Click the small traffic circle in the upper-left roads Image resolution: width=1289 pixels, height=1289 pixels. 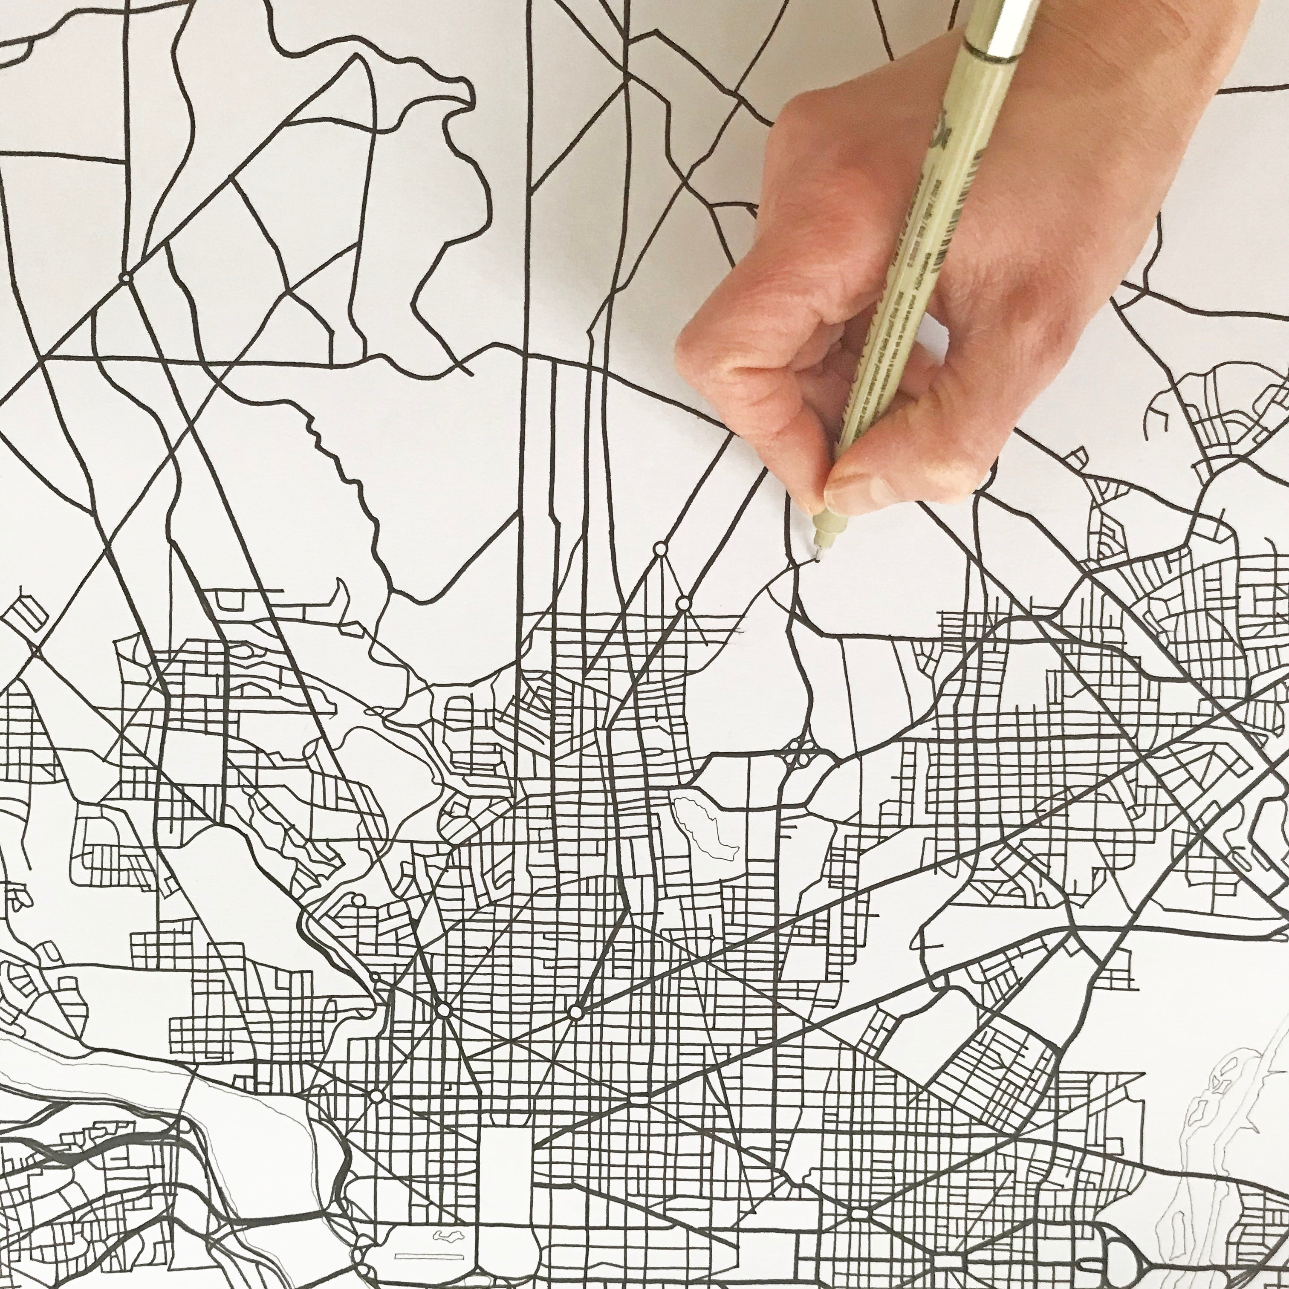point(125,277)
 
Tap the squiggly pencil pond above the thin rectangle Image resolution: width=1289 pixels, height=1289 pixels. point(448,1236)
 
